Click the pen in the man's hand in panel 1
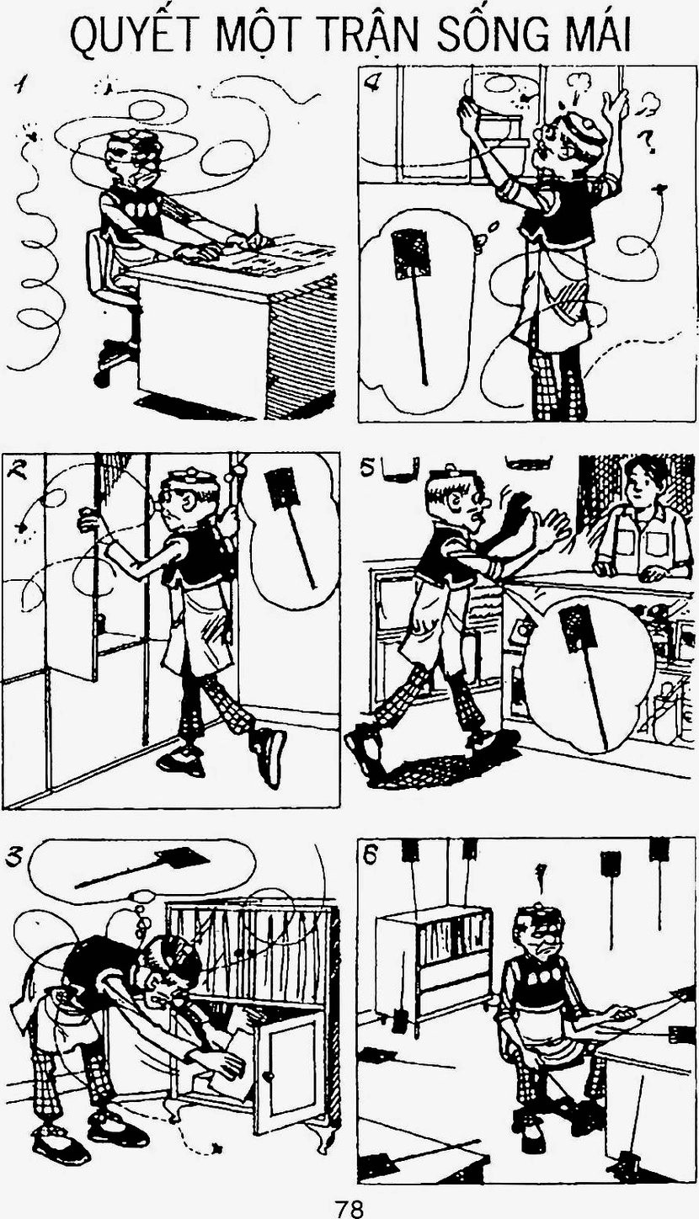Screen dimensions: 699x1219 [x=256, y=223]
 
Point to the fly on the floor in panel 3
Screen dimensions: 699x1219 [x=218, y=1147]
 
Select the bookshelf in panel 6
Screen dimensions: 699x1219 [x=435, y=964]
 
